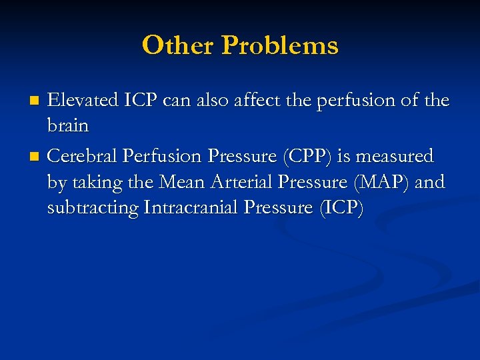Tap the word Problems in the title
[x=280, y=45]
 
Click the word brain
[x=68, y=126]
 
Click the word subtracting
[x=93, y=207]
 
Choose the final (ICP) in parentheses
[x=341, y=207]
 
